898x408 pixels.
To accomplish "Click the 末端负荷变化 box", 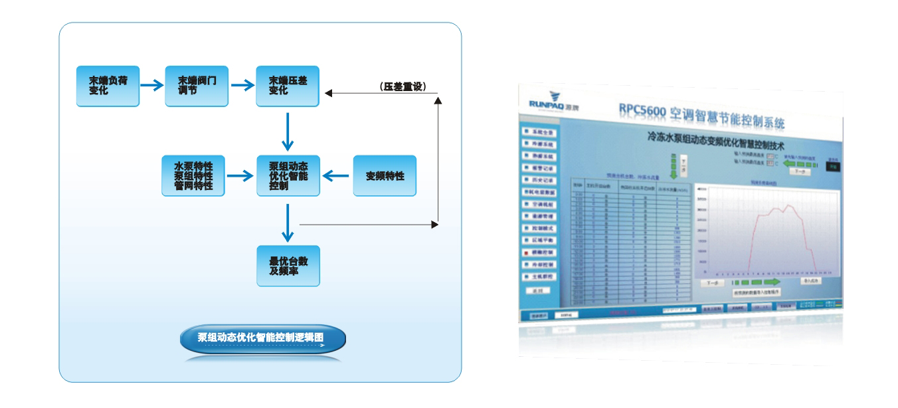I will click(x=108, y=86).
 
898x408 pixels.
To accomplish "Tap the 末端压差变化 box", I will click(x=288, y=86).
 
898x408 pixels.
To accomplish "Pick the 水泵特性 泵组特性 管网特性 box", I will click(x=193, y=175).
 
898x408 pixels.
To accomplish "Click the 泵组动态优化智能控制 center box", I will click(x=288, y=175).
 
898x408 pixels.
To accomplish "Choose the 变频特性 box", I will click(x=385, y=175).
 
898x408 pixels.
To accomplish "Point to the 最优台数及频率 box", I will click(x=288, y=266).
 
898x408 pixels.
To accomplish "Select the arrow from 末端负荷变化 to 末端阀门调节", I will click(x=152, y=85).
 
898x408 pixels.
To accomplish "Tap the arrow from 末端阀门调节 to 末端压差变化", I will click(x=242, y=85).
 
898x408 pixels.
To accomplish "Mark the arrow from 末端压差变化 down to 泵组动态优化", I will click(x=288, y=132).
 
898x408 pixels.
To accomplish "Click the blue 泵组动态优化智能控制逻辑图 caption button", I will click(x=262, y=338).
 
